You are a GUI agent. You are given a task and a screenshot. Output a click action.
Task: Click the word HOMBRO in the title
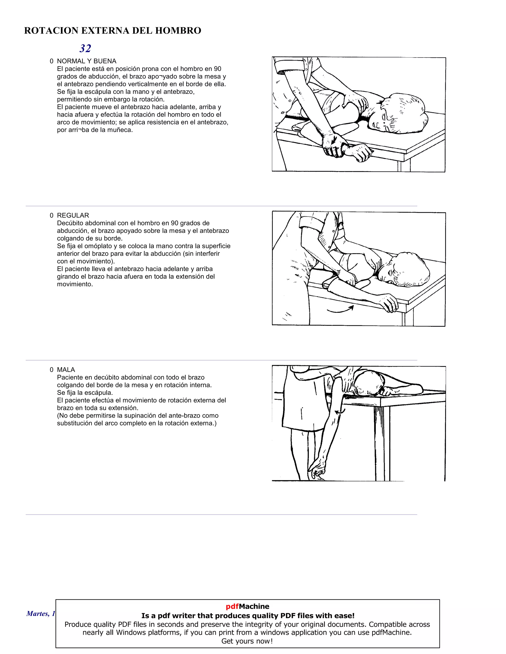pyautogui.click(x=178, y=31)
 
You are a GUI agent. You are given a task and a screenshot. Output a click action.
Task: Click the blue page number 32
pyautogui.click(x=85, y=48)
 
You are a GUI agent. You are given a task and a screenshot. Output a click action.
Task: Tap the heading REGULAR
pyautogui.click(x=73, y=215)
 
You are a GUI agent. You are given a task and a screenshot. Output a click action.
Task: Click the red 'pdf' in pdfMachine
pyautogui.click(x=232, y=606)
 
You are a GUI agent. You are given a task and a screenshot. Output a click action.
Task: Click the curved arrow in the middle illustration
pyautogui.click(x=340, y=310)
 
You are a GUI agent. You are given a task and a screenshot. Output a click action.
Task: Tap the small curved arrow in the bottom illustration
pyautogui.click(x=340, y=412)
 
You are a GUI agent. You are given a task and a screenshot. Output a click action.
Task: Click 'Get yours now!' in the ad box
pyautogui.click(x=247, y=641)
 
